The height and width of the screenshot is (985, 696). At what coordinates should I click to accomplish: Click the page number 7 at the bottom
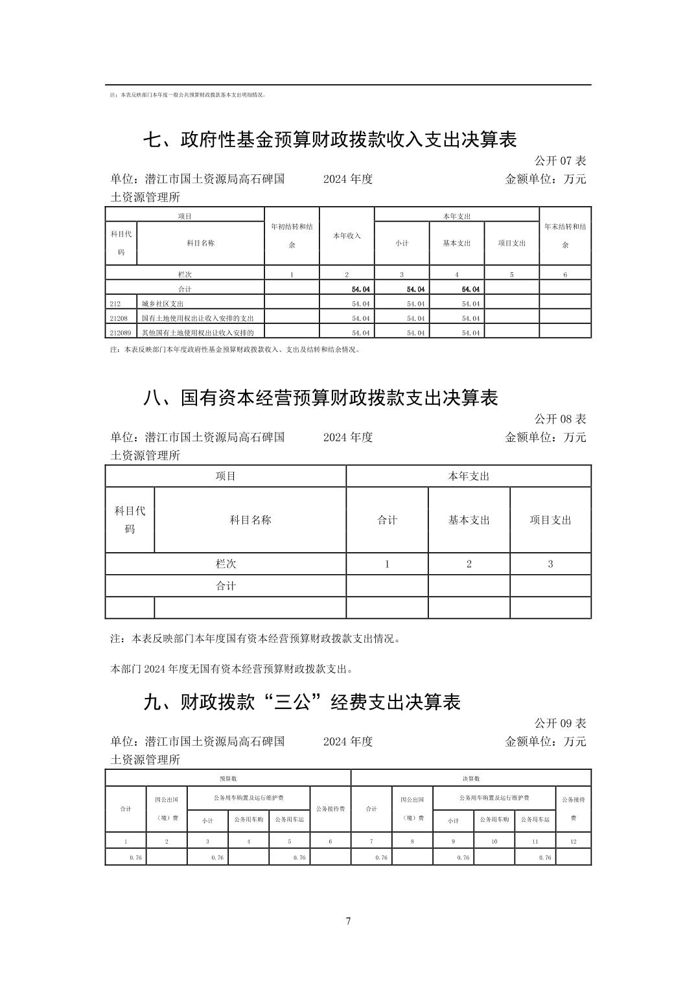pos(348,921)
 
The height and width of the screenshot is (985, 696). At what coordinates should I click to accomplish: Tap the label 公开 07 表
pos(560,161)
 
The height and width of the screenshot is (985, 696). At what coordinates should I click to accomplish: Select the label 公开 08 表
pos(560,419)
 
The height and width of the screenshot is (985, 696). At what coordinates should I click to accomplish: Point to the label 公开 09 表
pos(560,723)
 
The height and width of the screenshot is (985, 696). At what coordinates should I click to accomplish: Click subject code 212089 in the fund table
pos(121,332)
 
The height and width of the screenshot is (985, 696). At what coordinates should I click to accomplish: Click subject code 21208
pos(119,318)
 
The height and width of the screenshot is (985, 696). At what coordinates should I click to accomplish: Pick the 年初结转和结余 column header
pos(292,236)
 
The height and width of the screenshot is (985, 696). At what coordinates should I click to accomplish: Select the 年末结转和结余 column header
pos(565,236)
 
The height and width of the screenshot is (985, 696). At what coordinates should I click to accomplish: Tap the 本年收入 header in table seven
pos(347,236)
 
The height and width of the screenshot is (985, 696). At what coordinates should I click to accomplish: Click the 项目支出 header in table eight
pos(550,520)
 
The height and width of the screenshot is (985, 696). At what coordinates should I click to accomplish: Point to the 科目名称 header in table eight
pos(250,520)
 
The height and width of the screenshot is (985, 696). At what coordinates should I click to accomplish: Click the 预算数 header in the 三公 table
pos(228,778)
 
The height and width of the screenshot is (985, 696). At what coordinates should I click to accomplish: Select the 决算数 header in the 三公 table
pos(471,778)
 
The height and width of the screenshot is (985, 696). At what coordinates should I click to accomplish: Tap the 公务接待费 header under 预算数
pos(331,809)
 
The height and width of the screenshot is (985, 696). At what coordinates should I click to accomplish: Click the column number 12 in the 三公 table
pos(574,841)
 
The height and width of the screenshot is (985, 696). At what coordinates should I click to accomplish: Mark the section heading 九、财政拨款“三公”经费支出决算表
pos(302,702)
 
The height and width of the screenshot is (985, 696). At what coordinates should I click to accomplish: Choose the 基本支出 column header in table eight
pos(469,520)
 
